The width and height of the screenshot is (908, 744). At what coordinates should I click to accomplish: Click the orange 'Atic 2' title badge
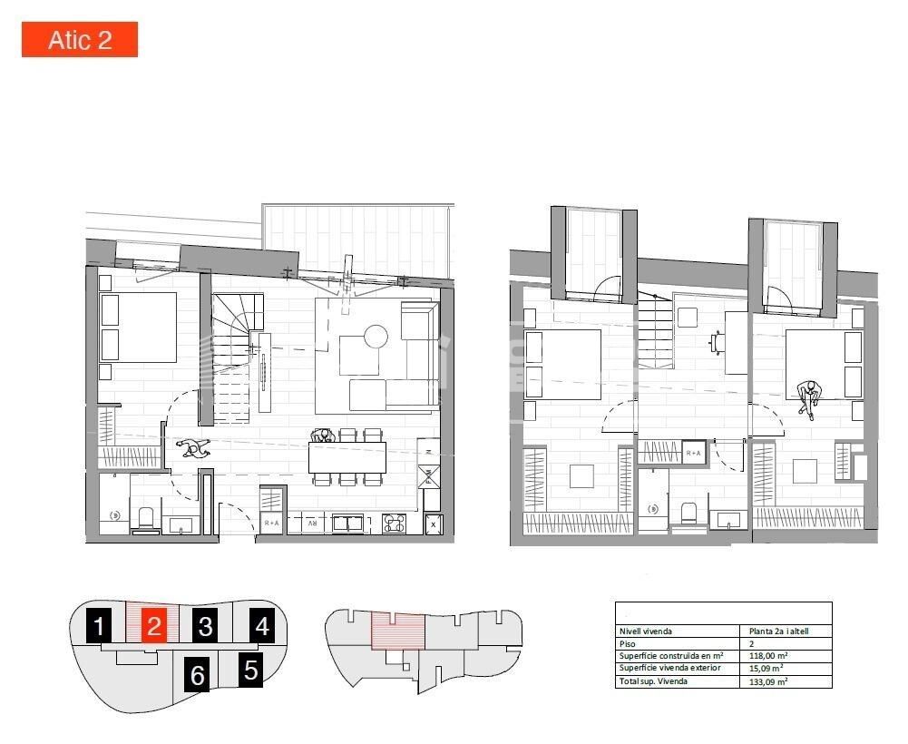(80, 40)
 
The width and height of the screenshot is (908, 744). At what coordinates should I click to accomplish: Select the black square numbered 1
(100, 626)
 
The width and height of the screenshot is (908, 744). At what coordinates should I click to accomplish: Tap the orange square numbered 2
(154, 626)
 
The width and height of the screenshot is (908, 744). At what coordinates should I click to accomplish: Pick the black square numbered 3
(206, 626)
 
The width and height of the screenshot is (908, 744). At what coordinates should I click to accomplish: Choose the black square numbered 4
(262, 626)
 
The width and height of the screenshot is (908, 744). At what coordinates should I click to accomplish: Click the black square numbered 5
(251, 670)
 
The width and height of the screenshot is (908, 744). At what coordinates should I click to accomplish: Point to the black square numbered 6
(198, 676)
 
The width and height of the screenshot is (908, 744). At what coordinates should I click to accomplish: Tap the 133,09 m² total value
(766, 681)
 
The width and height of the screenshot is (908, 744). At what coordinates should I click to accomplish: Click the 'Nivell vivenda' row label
(646, 631)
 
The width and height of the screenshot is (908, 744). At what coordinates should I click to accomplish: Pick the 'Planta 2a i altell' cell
(778, 631)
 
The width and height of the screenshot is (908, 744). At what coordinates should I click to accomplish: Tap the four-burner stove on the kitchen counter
(394, 523)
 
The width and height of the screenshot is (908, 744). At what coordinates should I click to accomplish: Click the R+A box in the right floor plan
(693, 453)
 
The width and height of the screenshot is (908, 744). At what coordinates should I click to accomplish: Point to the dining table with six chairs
(347, 457)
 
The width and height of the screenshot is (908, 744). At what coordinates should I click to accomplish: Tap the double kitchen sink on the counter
(348, 523)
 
